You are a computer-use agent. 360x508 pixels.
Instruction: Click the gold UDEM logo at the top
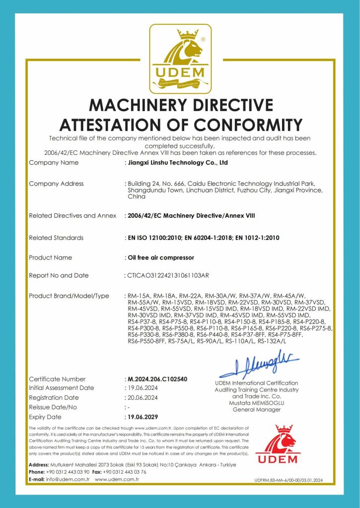coord(180,59)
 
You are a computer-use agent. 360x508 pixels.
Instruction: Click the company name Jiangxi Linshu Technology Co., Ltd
coord(178,162)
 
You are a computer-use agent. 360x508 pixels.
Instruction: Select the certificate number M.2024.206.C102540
coord(157,379)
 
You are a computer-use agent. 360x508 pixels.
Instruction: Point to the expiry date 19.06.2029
coord(143,417)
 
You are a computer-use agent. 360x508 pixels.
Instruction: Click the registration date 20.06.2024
coord(143,397)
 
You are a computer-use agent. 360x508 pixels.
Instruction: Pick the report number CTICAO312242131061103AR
coord(169,275)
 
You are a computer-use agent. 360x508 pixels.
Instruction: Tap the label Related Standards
coord(56,238)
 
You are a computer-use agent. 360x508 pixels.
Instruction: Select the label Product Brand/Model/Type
coord(69,296)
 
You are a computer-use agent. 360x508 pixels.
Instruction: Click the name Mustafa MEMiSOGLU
coord(256,403)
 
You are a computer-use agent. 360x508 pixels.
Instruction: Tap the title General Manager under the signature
coord(256,410)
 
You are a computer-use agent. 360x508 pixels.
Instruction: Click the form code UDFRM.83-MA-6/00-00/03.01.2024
coord(288,480)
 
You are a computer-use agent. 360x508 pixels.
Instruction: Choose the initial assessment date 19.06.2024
coord(143,388)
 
